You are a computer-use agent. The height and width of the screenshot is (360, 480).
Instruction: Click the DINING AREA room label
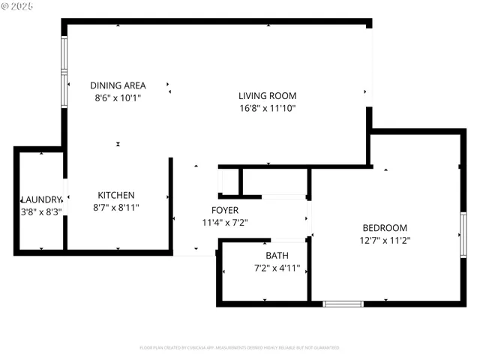[x=118, y=85]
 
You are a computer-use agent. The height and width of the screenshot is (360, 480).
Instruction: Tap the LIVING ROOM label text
[x=267, y=95]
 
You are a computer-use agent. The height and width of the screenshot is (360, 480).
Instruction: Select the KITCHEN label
[x=116, y=195]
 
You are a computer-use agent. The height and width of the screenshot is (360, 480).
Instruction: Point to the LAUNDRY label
[x=41, y=199]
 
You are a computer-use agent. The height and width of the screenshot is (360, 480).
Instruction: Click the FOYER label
[x=225, y=210]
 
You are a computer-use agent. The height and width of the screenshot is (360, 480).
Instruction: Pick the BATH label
[x=277, y=256]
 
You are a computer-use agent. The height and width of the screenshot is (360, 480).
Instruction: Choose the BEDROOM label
[x=385, y=228]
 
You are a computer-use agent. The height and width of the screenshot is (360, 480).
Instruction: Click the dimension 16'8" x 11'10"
[x=267, y=108]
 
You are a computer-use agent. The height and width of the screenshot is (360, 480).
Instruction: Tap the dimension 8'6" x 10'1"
[x=118, y=97]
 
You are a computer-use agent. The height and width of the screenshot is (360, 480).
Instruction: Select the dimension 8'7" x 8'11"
[x=116, y=207]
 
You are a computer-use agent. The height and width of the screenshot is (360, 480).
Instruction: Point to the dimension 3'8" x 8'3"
[x=41, y=211]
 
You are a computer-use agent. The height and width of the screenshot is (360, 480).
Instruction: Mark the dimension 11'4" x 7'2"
[x=225, y=222]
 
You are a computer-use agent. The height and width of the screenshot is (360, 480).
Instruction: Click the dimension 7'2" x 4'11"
[x=277, y=268]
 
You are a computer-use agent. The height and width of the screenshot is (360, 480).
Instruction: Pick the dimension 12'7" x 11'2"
[x=385, y=240]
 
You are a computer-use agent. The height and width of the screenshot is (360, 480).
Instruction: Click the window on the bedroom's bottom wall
[x=343, y=304]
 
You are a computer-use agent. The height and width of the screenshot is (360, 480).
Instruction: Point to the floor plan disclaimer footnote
[x=239, y=348]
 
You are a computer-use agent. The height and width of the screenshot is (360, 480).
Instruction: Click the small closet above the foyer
[x=228, y=182]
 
